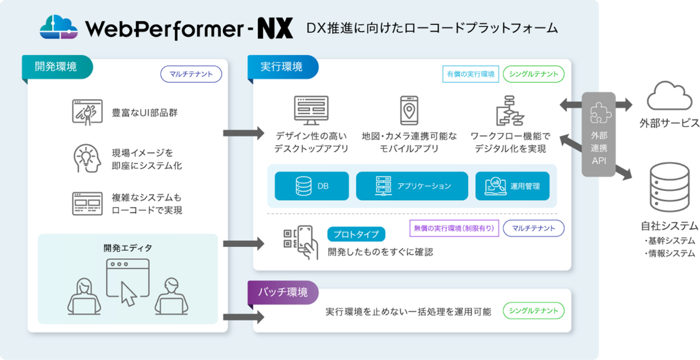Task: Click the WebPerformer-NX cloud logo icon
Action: coord(59,27)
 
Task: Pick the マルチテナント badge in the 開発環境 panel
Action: coord(191,74)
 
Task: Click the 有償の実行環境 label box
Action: coord(471,74)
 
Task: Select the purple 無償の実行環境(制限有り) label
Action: coord(454,228)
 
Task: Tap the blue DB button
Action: coord(311,186)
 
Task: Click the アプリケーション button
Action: coord(412,186)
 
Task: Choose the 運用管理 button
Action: coord(512,186)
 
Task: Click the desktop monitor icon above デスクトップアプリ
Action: coord(311,111)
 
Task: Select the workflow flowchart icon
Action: coord(507,111)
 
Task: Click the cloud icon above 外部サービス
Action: coord(669,96)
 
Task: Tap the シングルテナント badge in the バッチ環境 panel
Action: coord(533,311)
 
